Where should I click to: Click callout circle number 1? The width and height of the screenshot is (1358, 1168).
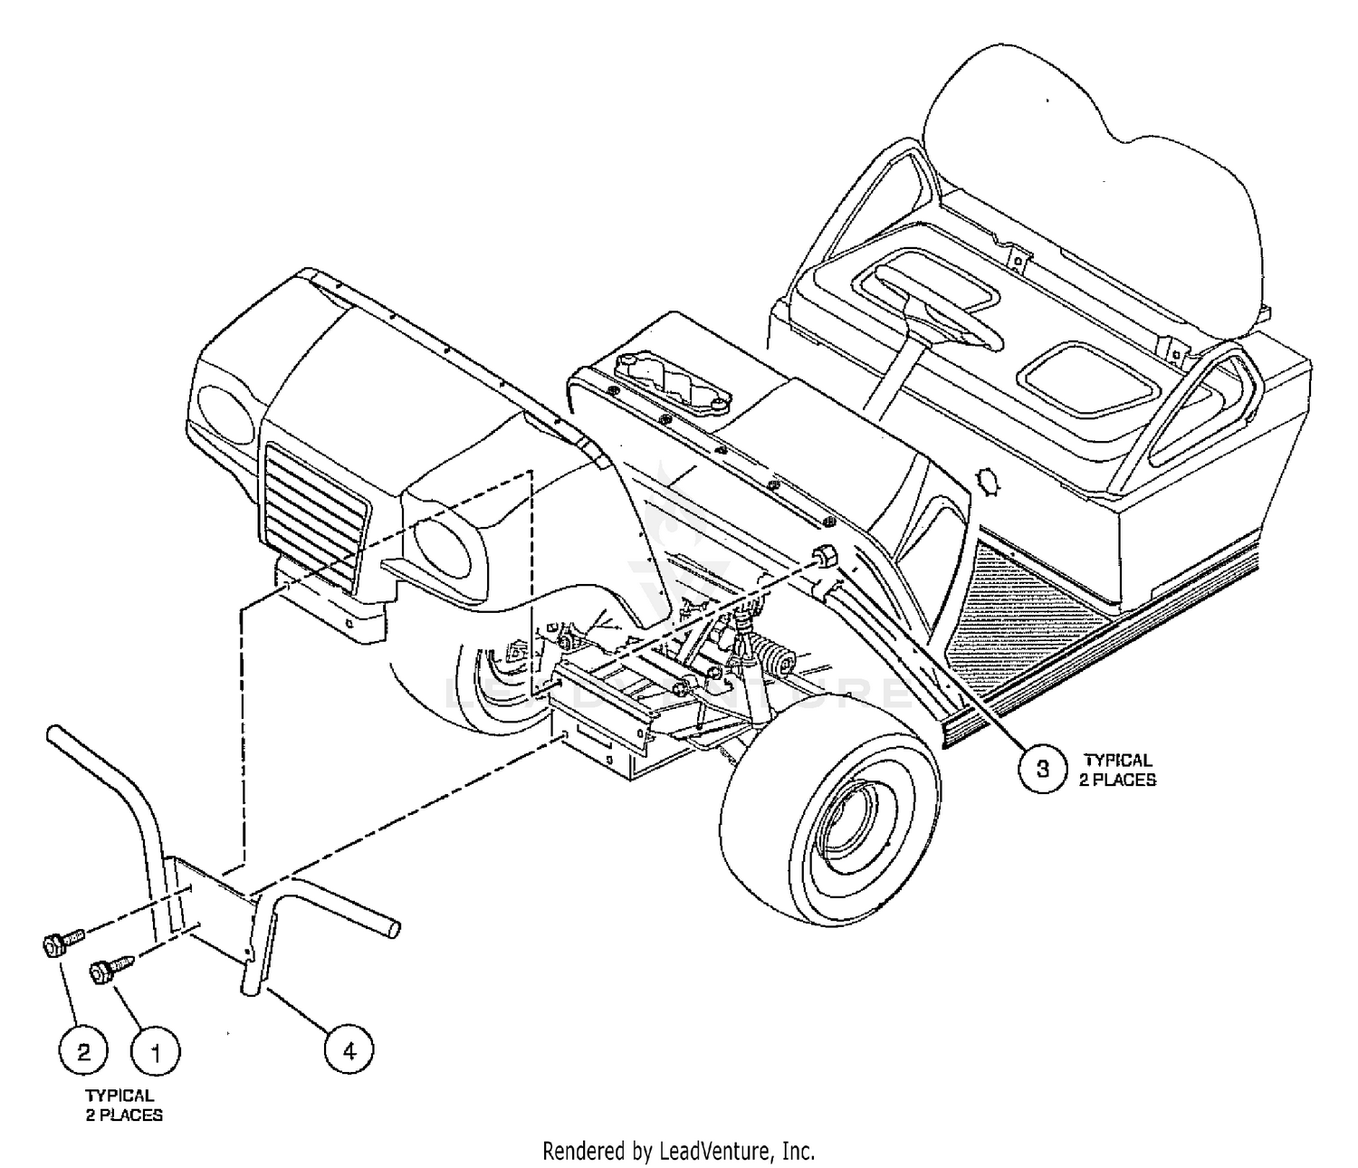pos(156,1053)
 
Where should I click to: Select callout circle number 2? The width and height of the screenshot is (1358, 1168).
pos(83,1052)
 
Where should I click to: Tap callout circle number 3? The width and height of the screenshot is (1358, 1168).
pos(1043,769)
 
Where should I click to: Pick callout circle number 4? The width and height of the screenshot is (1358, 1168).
pos(349,1051)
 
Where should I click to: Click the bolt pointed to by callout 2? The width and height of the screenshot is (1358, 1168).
pos(62,942)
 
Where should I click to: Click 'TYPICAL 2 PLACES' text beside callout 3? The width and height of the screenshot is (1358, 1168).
pos(1117,770)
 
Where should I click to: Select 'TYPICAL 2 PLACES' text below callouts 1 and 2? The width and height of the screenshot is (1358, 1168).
pos(124,1105)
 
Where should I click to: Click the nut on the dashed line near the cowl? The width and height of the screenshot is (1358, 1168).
pos(824,557)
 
